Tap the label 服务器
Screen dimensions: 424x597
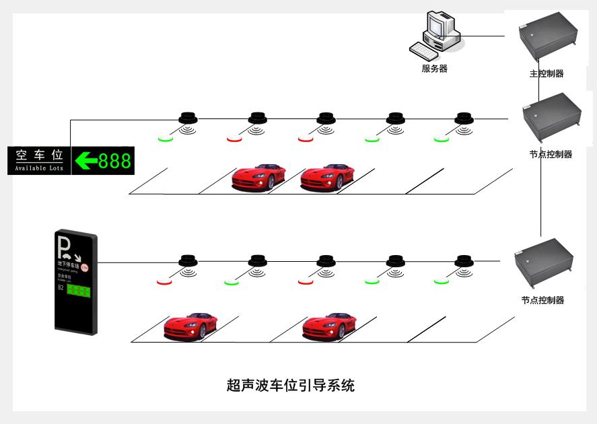pos(434,69)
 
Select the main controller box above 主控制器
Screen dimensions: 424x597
pos(547,40)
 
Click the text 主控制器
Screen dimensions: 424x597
pos(547,73)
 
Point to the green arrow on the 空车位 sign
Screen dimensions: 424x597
pos(85,161)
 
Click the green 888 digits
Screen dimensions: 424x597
pos(114,161)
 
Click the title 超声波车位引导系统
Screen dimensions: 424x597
pos(291,386)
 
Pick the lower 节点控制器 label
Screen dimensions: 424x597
pos(542,300)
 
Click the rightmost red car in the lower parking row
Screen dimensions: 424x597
pos(328,325)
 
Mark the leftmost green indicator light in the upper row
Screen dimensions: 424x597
pos(166,139)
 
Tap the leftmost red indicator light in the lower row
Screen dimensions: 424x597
pos(164,281)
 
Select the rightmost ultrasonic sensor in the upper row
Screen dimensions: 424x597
pos(464,119)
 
